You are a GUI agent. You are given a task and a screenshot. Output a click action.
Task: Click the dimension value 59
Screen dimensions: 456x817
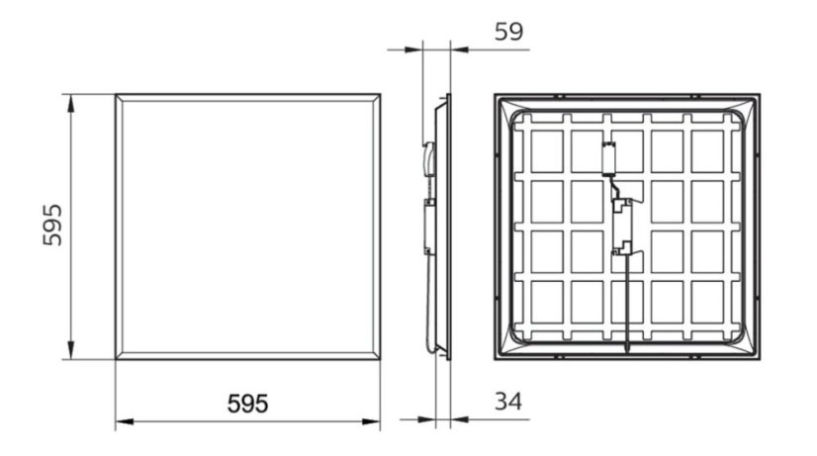pyautogui.click(x=508, y=32)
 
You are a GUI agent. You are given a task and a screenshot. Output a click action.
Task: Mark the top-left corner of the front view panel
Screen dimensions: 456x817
pyautogui.click(x=116, y=95)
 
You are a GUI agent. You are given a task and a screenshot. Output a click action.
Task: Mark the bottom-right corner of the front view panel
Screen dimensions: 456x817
pyautogui.click(x=381, y=359)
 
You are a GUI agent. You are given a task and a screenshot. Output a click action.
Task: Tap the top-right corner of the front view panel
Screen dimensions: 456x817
pyautogui.click(x=381, y=95)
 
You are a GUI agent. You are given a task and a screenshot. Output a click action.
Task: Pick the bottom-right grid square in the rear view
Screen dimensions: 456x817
pyautogui.click(x=707, y=302)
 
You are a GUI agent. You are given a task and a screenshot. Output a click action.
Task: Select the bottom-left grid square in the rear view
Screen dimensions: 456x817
pyautogui.click(x=547, y=302)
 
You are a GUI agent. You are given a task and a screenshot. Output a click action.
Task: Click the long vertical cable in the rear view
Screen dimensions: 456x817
pyautogui.click(x=625, y=307)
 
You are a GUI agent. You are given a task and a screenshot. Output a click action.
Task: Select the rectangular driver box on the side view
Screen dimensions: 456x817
pyautogui.click(x=428, y=227)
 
